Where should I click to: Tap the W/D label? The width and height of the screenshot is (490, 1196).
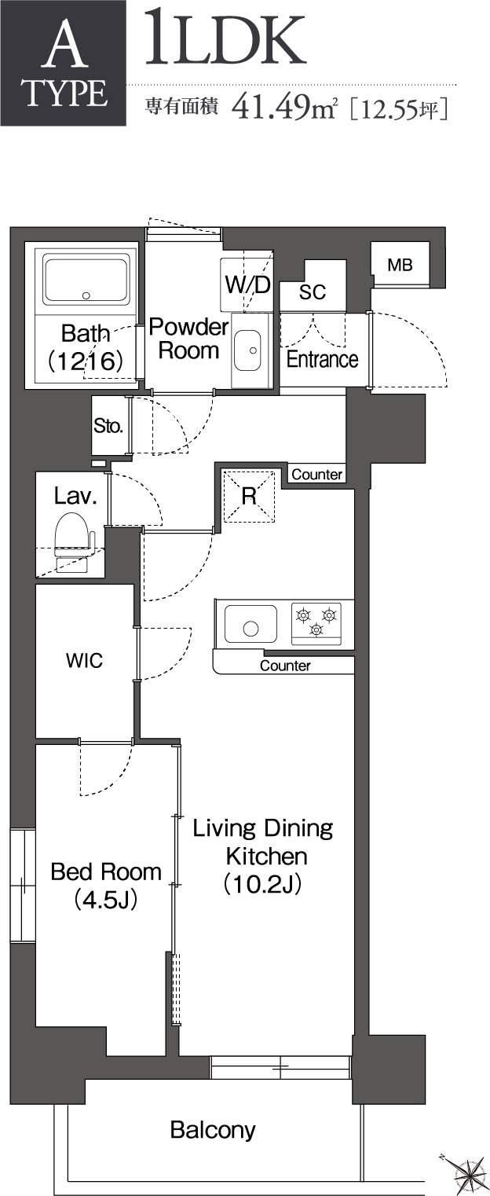point(247,285)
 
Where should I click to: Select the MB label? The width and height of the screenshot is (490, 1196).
point(400,266)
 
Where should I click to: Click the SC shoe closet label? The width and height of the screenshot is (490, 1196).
point(313,292)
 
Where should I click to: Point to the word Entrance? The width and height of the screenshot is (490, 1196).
point(322,359)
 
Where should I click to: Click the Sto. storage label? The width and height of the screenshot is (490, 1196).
point(108,427)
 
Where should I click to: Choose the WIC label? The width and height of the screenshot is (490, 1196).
point(84,660)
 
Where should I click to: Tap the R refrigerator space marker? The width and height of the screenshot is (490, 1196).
point(249,496)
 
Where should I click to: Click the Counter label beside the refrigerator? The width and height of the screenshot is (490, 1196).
point(317,475)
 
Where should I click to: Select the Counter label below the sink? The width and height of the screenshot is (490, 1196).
point(285,666)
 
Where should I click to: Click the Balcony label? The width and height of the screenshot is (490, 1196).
point(213,1130)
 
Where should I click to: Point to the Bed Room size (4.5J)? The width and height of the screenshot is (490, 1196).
point(106,899)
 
